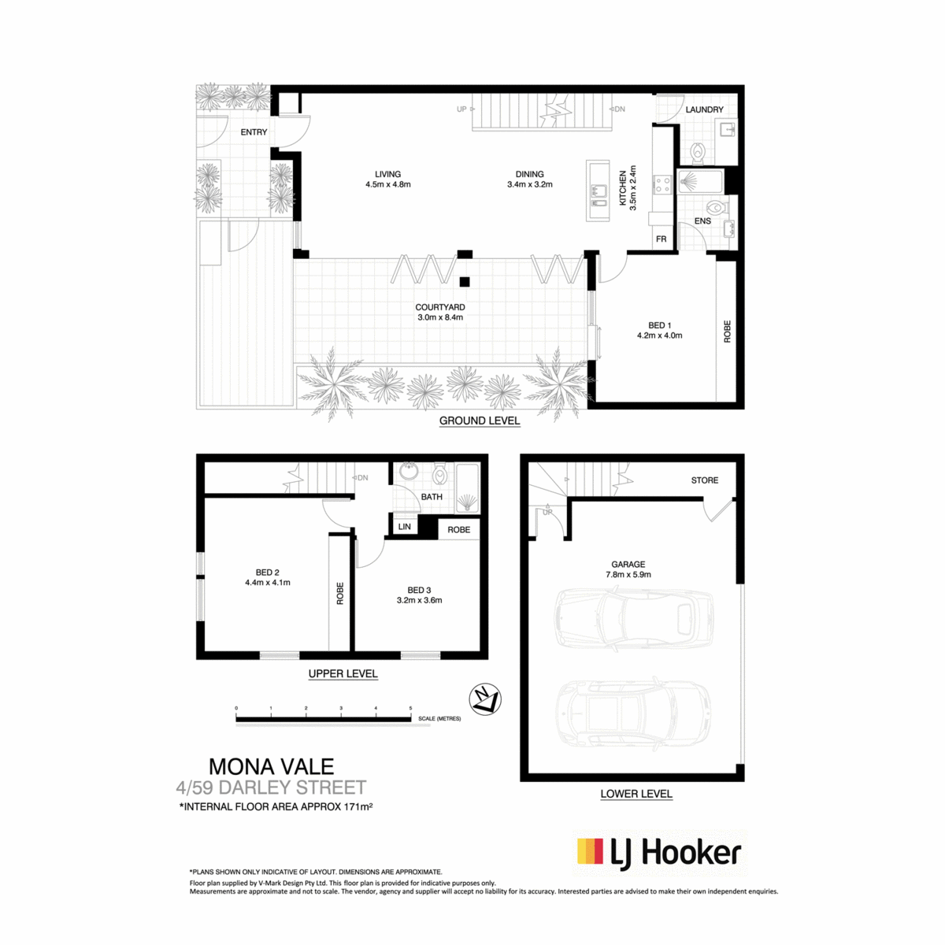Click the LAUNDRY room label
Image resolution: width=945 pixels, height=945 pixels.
tap(704, 109)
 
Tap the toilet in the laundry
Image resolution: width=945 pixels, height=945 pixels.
tap(697, 153)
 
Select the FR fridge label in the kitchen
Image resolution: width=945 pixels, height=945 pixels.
tap(661, 239)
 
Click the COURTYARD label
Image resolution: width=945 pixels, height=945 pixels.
tap(439, 307)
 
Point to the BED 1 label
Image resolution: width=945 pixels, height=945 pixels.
tap(659, 325)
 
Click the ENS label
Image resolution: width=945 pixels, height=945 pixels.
tap(702, 221)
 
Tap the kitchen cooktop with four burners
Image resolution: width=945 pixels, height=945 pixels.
tap(662, 185)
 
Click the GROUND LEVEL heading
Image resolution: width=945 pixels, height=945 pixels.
tap(479, 421)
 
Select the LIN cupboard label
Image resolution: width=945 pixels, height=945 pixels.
tap(404, 527)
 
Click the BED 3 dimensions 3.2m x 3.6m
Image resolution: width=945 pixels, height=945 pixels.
tap(419, 600)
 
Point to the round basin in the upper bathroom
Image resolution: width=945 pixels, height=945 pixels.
tap(408, 472)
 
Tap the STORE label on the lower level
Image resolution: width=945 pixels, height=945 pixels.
tap(704, 480)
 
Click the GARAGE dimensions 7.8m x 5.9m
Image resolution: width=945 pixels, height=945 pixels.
tap(628, 575)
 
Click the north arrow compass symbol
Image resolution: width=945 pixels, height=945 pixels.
tap(484, 699)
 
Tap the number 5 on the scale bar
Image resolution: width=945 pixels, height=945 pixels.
tap(410, 708)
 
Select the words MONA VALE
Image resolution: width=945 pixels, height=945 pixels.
tap(271, 766)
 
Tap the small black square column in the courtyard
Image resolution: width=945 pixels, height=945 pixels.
tap(464, 282)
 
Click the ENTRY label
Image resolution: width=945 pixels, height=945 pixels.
tap(254, 132)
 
